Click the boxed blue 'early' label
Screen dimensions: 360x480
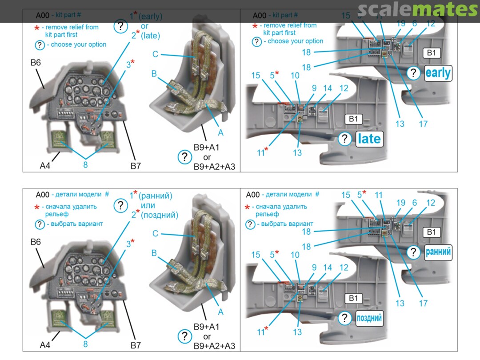[x=438, y=73]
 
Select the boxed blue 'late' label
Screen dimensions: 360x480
[x=369, y=139]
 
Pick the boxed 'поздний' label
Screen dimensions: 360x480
[x=369, y=318]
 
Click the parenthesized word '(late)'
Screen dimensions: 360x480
[x=150, y=36]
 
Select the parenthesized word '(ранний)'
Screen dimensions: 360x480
[x=155, y=196]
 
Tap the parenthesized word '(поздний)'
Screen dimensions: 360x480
[x=159, y=215]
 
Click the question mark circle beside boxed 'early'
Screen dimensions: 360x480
[x=413, y=73]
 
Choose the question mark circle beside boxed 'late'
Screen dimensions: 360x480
[x=344, y=139]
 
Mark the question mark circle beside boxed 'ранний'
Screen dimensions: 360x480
[x=413, y=252]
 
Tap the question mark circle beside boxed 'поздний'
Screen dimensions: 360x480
[x=344, y=318]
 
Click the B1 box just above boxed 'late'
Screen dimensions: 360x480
[x=353, y=119]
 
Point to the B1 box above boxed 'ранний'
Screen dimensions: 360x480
[x=431, y=232]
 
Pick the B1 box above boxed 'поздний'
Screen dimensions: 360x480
[x=353, y=298]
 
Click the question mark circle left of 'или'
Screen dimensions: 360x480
[x=120, y=206]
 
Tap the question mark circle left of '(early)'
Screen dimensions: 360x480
[x=120, y=26]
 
